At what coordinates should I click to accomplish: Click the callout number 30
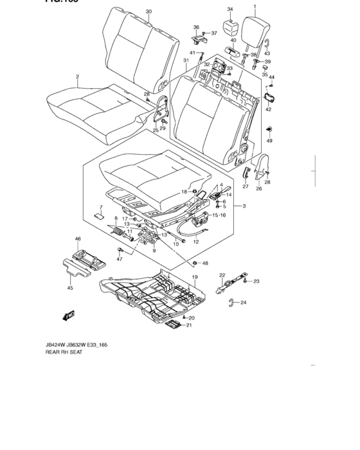(148, 12)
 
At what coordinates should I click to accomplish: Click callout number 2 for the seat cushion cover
(77, 76)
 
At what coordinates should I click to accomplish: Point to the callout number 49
(269, 140)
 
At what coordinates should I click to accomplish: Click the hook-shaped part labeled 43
(265, 44)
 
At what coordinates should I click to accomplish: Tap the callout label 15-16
(219, 215)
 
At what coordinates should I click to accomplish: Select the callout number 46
(78, 239)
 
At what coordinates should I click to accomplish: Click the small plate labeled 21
(172, 326)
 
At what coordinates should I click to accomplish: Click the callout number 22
(222, 276)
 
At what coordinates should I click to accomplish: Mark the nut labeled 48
(194, 264)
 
